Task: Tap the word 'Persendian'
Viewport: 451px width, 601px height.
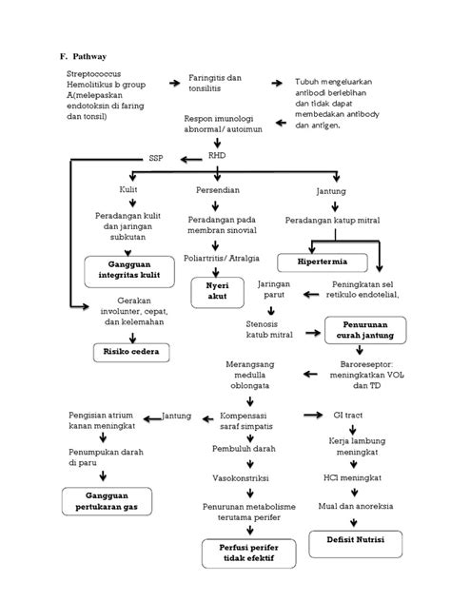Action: [221, 189]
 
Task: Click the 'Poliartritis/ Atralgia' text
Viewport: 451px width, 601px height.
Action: [223, 258]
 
